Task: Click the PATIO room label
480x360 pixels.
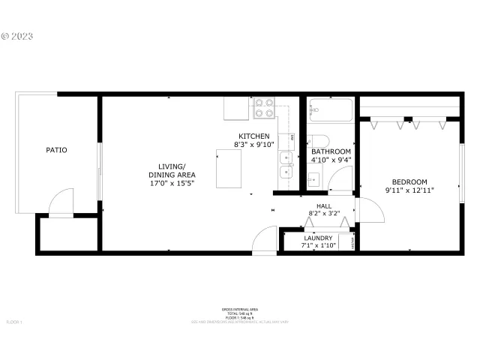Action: [56, 150]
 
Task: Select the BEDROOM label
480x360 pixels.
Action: [409, 181]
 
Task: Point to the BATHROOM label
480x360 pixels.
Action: [331, 151]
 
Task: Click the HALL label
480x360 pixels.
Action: [324, 205]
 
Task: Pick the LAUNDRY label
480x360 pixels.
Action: [318, 238]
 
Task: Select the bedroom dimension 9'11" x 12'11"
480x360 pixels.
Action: [409, 190]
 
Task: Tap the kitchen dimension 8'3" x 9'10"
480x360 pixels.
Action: [255, 145]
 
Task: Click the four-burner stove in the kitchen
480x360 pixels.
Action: [263, 109]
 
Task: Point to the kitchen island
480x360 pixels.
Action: [229, 168]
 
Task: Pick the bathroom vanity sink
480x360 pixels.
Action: [313, 179]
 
